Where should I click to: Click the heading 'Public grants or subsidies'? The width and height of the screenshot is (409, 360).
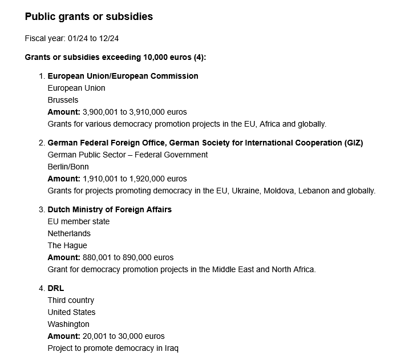pyautogui.click(x=89, y=17)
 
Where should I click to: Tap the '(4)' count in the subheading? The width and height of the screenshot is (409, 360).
pyautogui.click(x=199, y=57)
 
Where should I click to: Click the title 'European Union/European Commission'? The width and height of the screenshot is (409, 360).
pyautogui.click(x=123, y=76)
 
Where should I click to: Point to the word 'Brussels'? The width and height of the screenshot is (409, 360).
pyautogui.click(x=63, y=100)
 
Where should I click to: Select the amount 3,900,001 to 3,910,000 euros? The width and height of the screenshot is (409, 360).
pyautogui.click(x=135, y=112)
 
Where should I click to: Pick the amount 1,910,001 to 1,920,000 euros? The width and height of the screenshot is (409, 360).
pyautogui.click(x=135, y=179)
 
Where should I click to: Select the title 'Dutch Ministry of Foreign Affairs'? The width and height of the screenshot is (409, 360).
pyautogui.click(x=110, y=209)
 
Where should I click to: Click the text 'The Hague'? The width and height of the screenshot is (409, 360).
pyautogui.click(x=67, y=245)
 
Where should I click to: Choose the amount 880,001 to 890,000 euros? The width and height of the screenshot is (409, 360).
pyautogui.click(x=128, y=257)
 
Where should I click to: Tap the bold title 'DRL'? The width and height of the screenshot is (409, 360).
pyautogui.click(x=56, y=288)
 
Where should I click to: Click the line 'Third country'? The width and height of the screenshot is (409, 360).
pyautogui.click(x=71, y=300)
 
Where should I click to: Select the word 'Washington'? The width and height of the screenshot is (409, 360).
pyautogui.click(x=68, y=324)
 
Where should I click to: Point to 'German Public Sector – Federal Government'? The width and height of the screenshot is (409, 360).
pyautogui.click(x=128, y=155)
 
